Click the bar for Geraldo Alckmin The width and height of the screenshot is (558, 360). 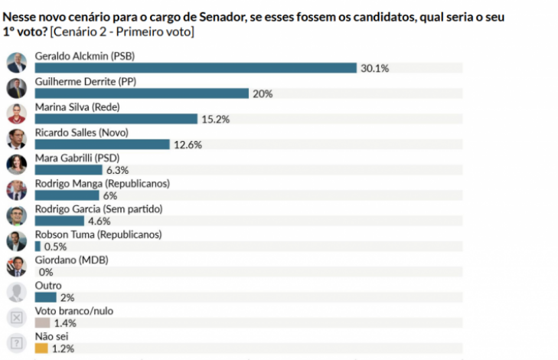[x=195, y=68]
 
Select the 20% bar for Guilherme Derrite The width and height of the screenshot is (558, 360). [x=142, y=93]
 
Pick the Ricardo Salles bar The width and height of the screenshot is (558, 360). [x=102, y=144]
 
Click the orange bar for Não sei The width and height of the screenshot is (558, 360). [x=41, y=349]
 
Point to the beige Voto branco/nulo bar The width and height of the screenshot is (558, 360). [x=42, y=323]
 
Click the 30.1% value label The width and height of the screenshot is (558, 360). [x=375, y=68]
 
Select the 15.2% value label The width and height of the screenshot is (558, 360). [x=214, y=119]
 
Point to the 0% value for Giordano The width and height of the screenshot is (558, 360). [x=45, y=272]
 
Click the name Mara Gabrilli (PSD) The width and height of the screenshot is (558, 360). [x=72, y=158]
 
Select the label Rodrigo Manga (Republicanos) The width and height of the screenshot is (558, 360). [x=102, y=184]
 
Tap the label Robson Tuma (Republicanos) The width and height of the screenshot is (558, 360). [x=99, y=234]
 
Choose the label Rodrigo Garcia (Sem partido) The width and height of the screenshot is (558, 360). [x=99, y=209]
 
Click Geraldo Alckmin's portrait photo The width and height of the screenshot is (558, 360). [x=16, y=63]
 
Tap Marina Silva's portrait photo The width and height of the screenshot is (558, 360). [x=16, y=113]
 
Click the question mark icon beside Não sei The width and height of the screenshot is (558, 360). [x=16, y=343]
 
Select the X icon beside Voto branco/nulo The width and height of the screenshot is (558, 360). [x=16, y=318]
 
